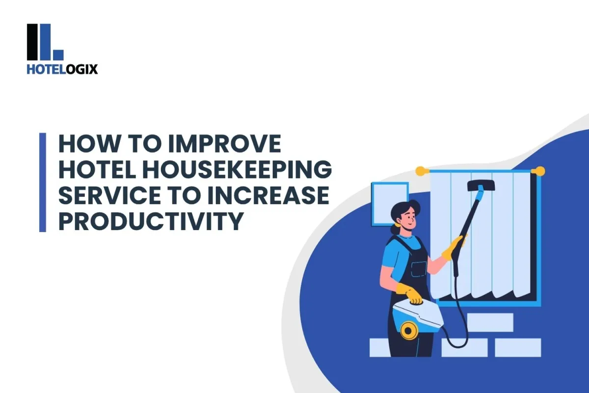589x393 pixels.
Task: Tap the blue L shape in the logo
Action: pos(54,42)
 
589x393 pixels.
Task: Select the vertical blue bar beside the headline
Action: pos(43,182)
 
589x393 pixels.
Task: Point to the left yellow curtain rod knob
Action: pos(420,171)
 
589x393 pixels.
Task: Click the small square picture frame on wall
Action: pos(389,202)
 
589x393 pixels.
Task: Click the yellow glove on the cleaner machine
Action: pos(409,293)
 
